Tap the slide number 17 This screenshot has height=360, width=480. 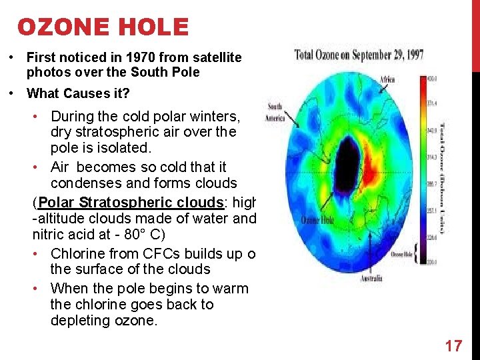(453, 345)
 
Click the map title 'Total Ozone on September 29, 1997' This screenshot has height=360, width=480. (359, 55)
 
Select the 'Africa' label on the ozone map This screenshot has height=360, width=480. (387, 80)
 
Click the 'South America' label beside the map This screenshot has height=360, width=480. (275, 112)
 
